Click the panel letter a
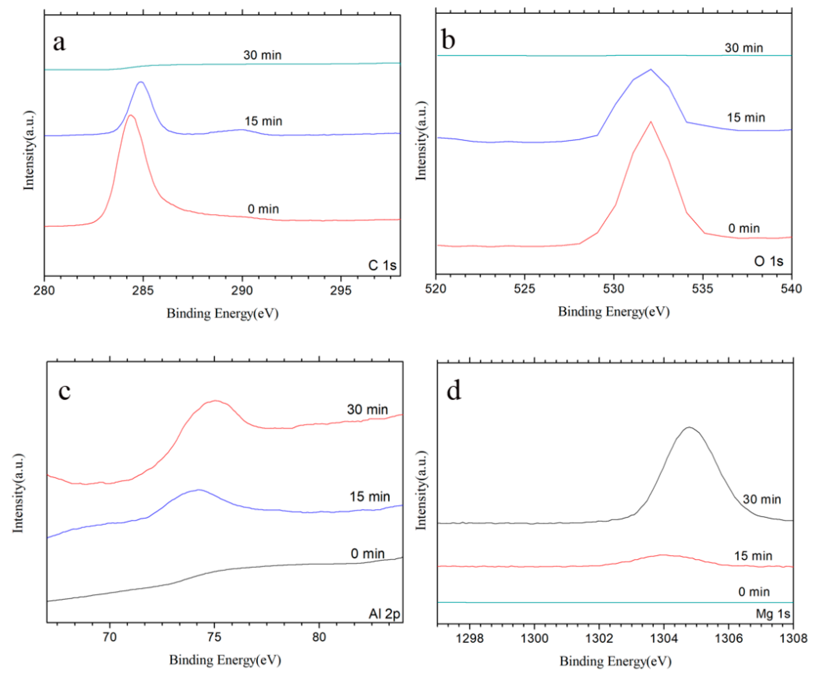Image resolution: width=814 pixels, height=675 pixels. pos(59,42)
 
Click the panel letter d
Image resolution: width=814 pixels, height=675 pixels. pos(454,390)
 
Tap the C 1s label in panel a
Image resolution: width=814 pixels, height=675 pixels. pos(382,266)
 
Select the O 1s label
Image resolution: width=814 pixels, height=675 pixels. pos(768,261)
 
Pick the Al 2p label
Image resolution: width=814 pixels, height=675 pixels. pos(384,614)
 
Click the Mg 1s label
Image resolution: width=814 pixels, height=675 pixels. pos(773,614)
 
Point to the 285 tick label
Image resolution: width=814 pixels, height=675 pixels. pos(143,290)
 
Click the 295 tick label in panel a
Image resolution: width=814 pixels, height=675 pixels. pos(341,290)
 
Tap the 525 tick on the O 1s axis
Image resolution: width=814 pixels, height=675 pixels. pos(524,288)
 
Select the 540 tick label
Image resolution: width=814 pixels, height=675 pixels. pos(791,288)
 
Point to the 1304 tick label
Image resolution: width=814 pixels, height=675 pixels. pos(664,638)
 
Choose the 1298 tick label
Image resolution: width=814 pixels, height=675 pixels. pos(470,638)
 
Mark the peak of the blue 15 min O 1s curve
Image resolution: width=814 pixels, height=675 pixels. pos(651,69)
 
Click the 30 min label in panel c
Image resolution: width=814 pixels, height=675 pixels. pos(367,409)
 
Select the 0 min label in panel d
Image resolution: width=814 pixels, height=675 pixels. pos(753,592)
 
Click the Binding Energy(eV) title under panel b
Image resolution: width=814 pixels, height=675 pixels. pos(614,311)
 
